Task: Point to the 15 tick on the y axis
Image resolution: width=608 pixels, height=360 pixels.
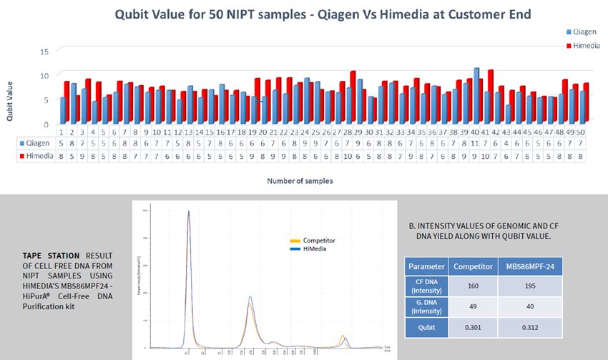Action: (44, 52)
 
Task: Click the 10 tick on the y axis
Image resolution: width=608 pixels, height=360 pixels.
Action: (44, 75)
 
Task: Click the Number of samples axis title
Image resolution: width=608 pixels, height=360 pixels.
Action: (300, 181)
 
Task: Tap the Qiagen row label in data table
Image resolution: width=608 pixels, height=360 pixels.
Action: (34, 143)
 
